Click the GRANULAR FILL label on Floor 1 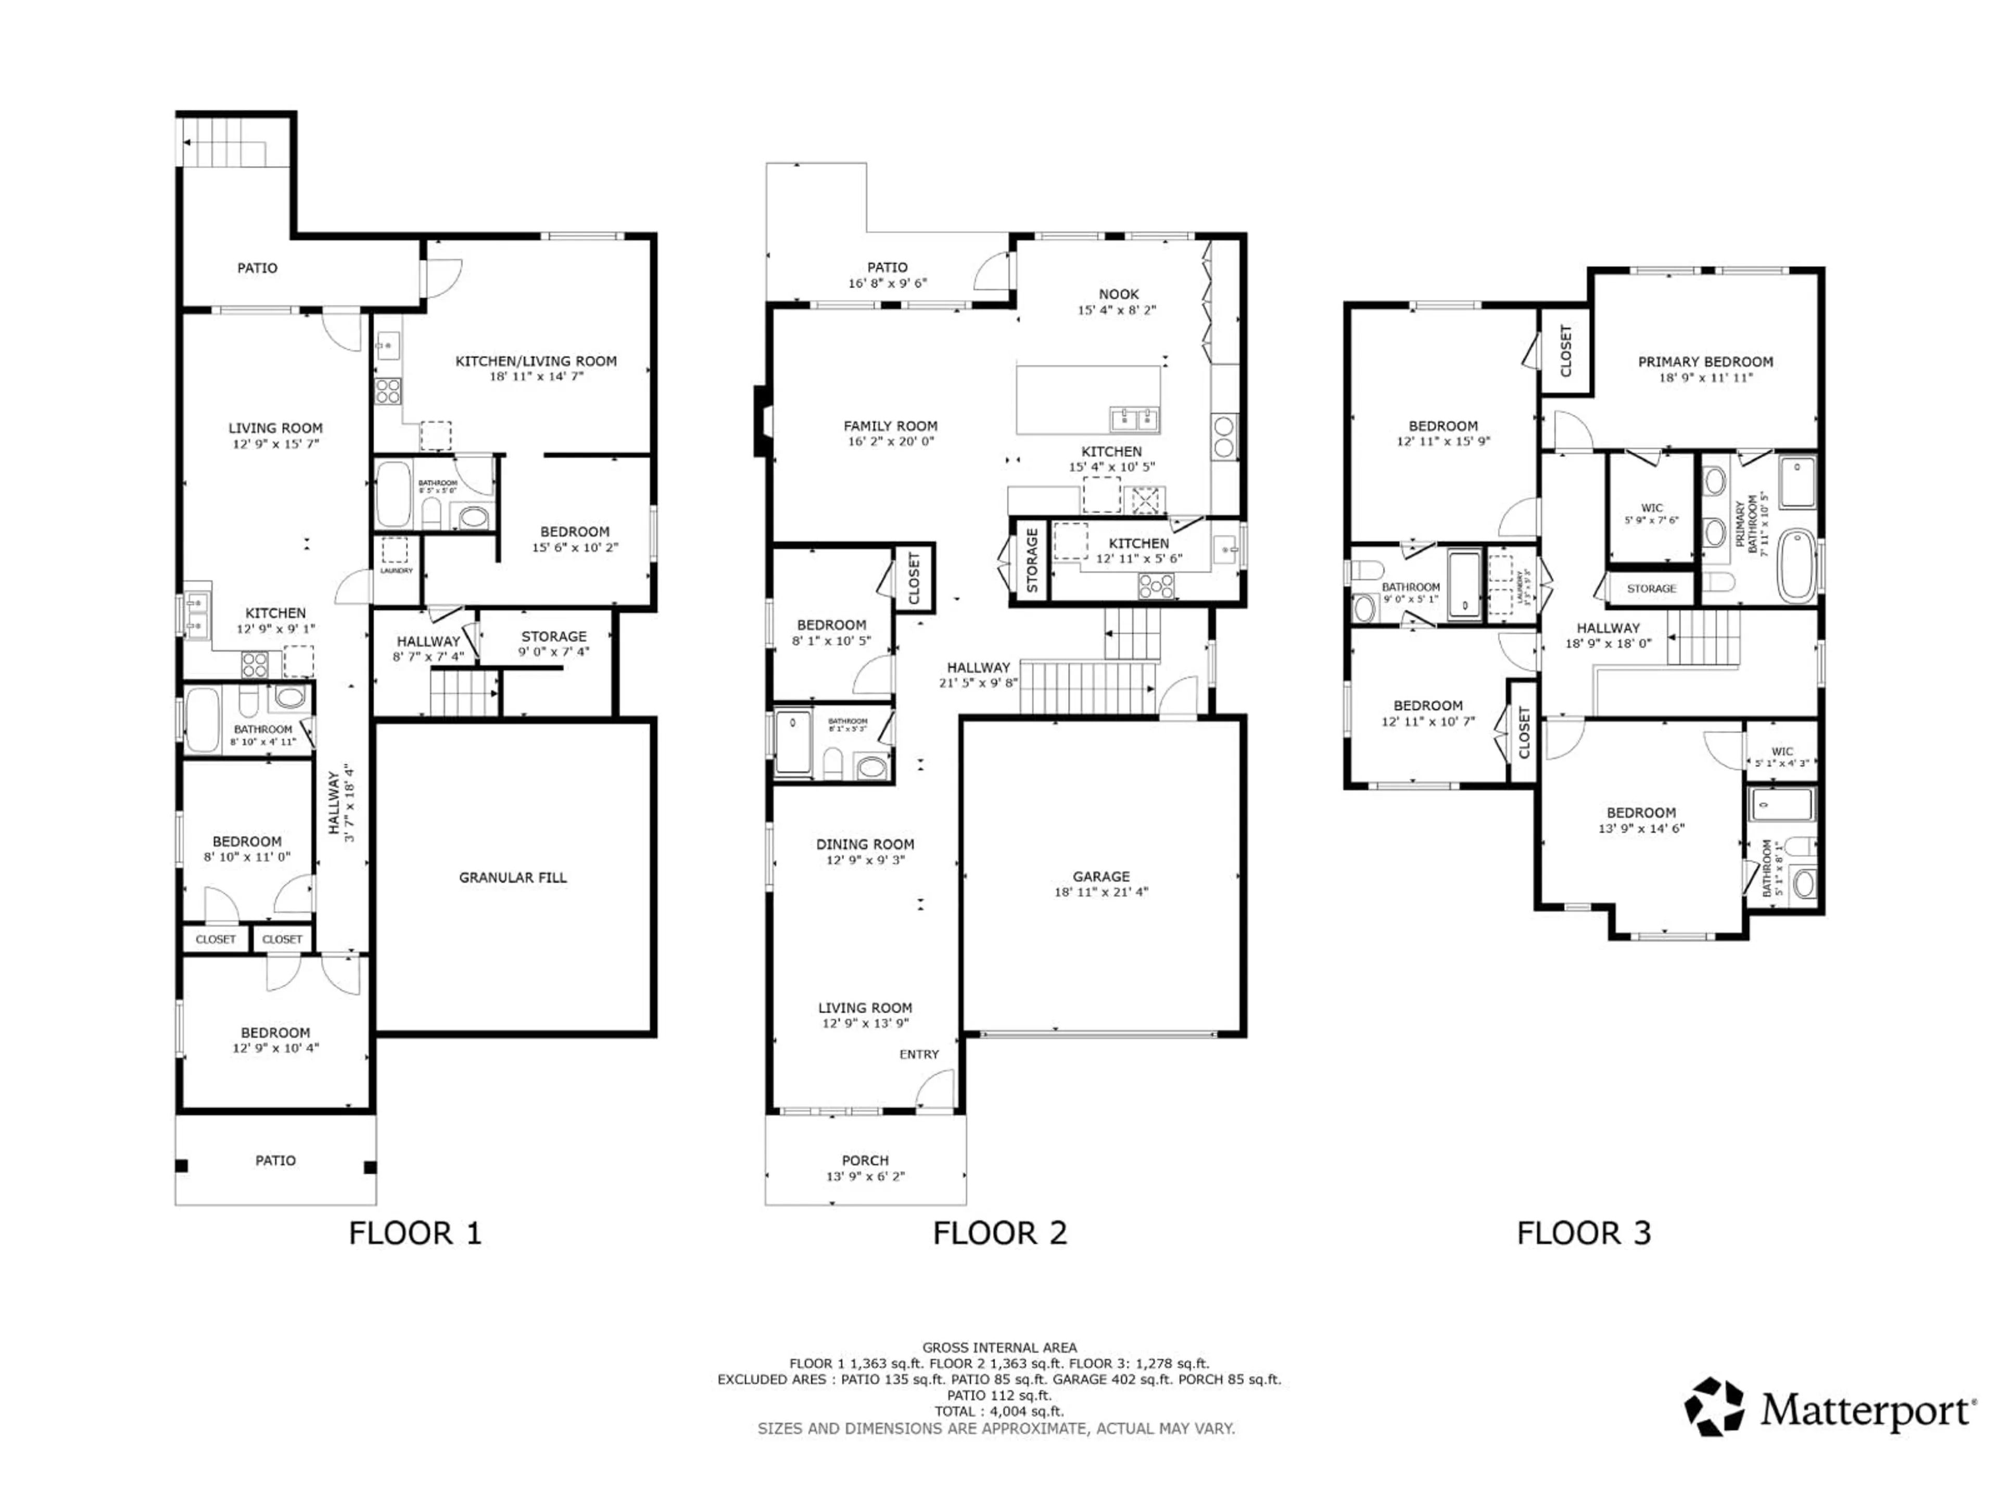click(x=512, y=877)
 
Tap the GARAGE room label click(x=1100, y=876)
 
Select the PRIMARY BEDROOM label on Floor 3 click(x=1705, y=361)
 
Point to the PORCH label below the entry click(x=865, y=1160)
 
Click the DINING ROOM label click(x=865, y=844)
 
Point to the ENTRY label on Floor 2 click(x=919, y=1054)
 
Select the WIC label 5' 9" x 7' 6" click(x=1651, y=514)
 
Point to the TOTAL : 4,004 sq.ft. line click(x=998, y=1410)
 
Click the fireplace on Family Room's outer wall click(x=762, y=421)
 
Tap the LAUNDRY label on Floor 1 click(x=396, y=570)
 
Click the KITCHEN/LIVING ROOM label click(x=536, y=361)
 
